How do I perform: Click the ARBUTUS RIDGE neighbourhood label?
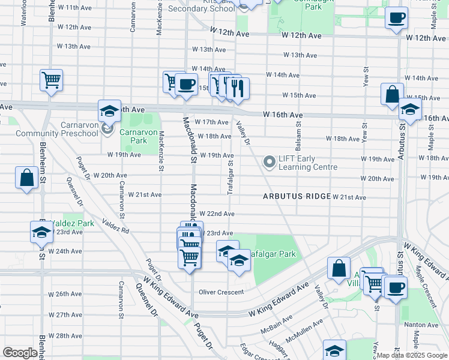[297, 197]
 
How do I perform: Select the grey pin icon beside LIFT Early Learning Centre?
[270, 163]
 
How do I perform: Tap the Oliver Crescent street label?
[221, 292]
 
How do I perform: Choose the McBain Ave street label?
[276, 328]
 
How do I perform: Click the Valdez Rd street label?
[116, 226]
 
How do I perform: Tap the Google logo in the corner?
[20, 352]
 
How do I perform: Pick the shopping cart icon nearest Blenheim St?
[52, 79]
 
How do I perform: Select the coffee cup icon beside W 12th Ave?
[396, 17]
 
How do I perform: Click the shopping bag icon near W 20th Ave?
[26, 178]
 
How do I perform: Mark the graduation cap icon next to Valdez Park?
[41, 232]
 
